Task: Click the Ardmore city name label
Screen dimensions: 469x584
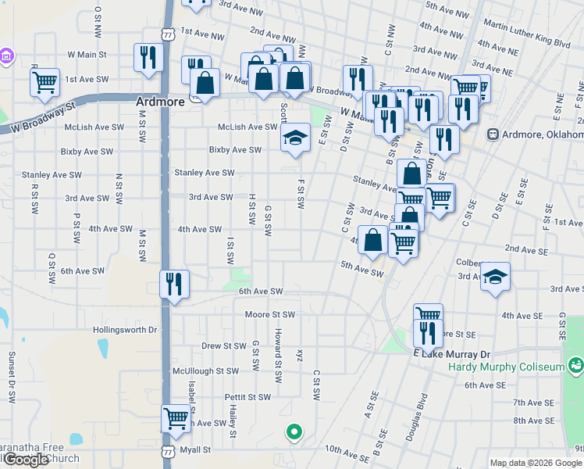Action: [162, 102]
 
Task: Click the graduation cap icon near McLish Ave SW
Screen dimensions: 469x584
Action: [294, 139]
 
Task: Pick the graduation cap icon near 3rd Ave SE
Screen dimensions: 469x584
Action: [494, 277]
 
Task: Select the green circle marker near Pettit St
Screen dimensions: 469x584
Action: [294, 431]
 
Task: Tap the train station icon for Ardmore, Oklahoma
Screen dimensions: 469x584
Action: [493, 134]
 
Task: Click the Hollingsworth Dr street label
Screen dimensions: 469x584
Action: [125, 330]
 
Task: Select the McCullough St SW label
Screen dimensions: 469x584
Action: [205, 371]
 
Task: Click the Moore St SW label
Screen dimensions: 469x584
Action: [269, 314]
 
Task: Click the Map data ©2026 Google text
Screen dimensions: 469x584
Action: [536, 463]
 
